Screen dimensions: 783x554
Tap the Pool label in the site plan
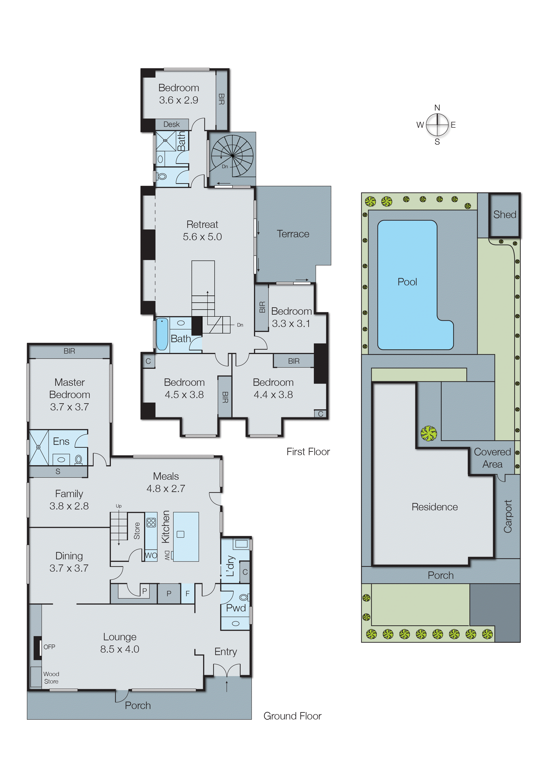pyautogui.click(x=407, y=282)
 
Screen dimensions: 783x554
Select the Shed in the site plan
pyautogui.click(x=505, y=215)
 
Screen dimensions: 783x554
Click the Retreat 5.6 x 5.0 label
pyautogui.click(x=202, y=231)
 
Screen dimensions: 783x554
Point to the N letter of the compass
pyautogui.click(x=437, y=108)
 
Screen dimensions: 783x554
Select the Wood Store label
pyautogui.click(x=51, y=677)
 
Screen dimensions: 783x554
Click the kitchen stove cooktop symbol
pyautogui.click(x=151, y=522)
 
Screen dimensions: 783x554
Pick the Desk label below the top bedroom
pyautogui.click(x=171, y=124)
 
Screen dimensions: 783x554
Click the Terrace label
pyautogui.click(x=293, y=234)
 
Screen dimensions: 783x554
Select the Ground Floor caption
pyautogui.click(x=292, y=716)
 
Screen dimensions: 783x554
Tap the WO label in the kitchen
pyautogui.click(x=151, y=555)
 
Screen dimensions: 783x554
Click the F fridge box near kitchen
pyautogui.click(x=187, y=594)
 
